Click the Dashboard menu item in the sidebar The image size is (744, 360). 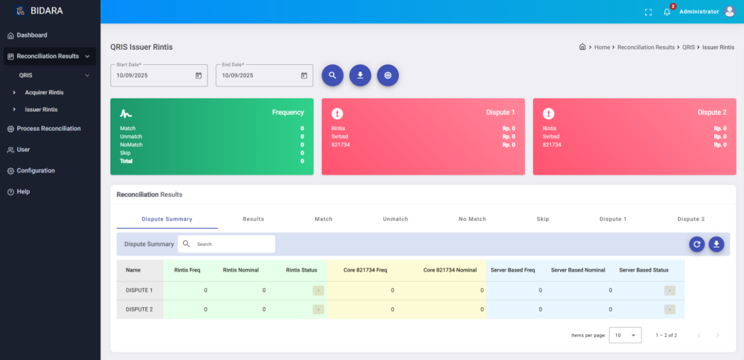pos(32,35)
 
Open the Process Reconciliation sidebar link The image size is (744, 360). pos(48,129)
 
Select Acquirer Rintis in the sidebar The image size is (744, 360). pos(44,93)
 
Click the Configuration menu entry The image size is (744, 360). pos(36,170)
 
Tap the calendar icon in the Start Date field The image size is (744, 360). pos(199,76)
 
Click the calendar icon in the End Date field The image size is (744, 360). pos(304,76)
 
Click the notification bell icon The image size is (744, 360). pos(667,12)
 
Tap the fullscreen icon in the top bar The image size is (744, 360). pos(648,12)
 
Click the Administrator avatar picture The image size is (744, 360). pos(729,11)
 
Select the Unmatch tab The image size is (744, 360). pos(395,219)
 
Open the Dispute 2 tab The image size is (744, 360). pos(691,219)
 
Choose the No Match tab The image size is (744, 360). pos(472,219)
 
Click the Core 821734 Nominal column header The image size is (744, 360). pos(450,270)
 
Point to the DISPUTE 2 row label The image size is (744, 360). pos(139,309)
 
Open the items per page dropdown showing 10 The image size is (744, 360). pos(625,335)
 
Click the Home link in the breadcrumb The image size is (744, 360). pos(602,47)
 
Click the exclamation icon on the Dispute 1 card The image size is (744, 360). pos(337,113)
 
